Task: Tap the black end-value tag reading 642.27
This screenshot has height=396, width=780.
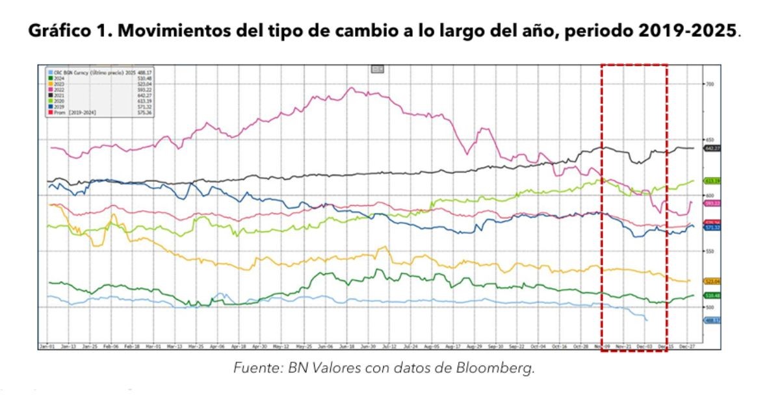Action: tap(713, 149)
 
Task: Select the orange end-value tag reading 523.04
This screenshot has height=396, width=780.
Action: tap(713, 281)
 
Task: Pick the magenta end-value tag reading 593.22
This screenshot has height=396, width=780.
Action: tap(713, 203)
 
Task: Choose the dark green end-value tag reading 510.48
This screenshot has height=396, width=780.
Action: tap(713, 296)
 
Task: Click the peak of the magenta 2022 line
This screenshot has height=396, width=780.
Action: tap(352, 88)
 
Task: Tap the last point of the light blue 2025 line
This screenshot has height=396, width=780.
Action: tap(647, 320)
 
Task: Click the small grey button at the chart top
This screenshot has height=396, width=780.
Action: tap(377, 68)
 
